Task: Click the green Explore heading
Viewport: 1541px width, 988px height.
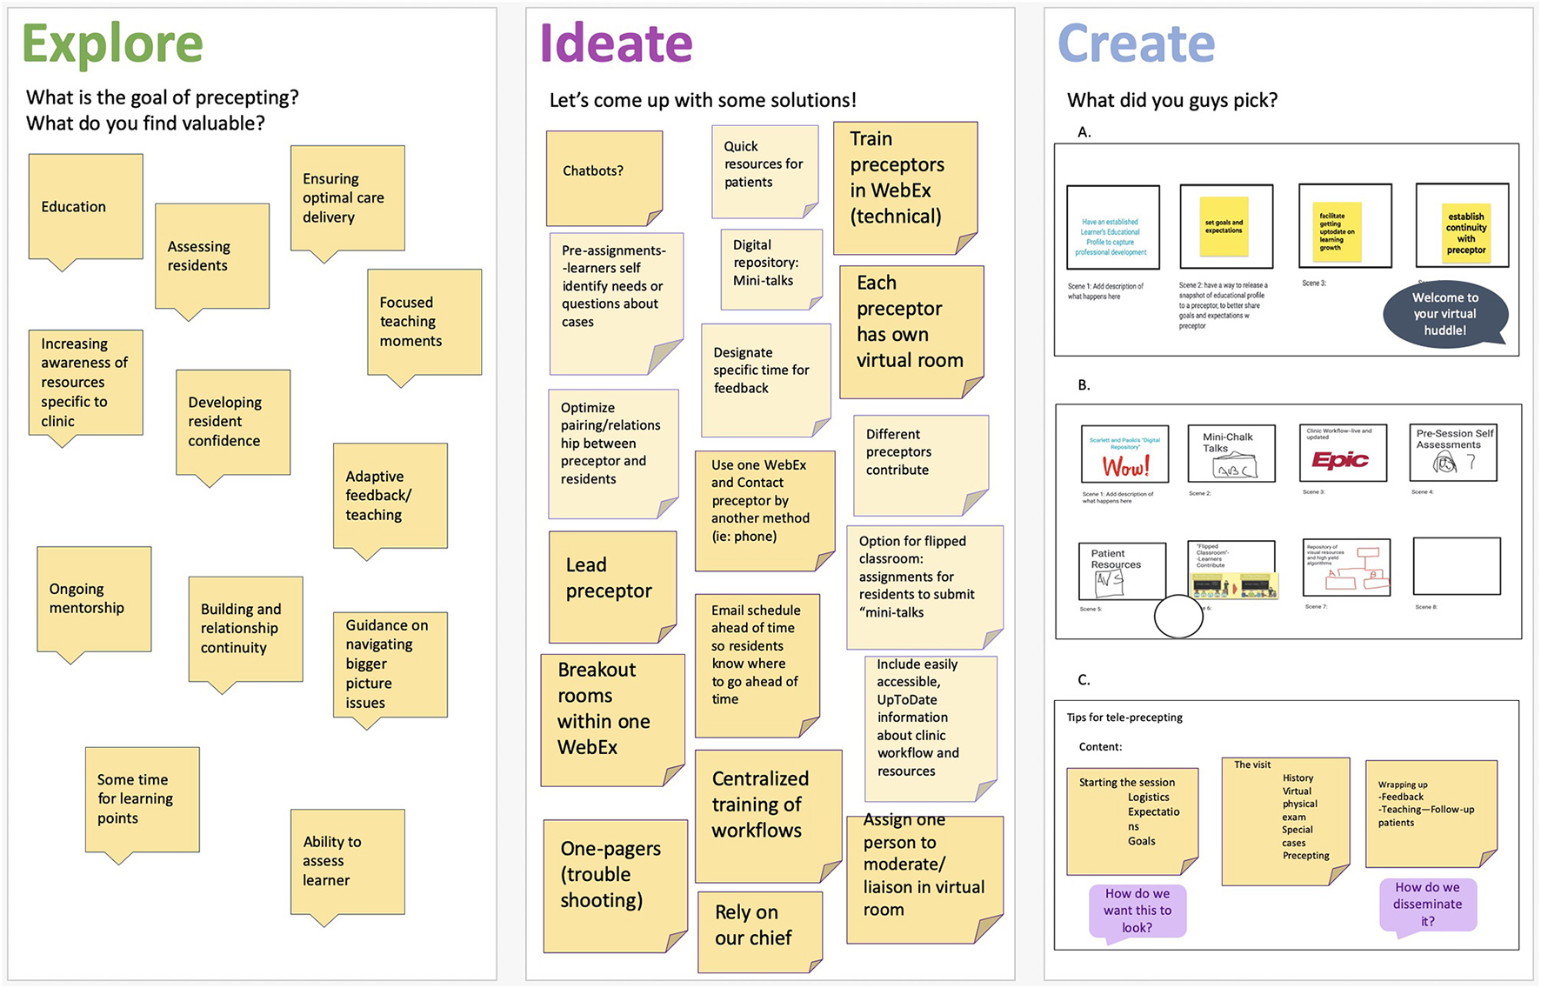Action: (112, 44)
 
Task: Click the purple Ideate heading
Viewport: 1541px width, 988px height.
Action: (616, 44)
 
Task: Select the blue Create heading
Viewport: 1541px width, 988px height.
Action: (1136, 44)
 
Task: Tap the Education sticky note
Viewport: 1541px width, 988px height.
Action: (85, 206)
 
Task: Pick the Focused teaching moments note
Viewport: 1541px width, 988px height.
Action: (424, 322)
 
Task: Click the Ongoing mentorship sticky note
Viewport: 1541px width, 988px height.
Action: (94, 598)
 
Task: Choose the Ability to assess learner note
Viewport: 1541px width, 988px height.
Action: (347, 861)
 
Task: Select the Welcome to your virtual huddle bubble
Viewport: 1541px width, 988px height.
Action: (1444, 314)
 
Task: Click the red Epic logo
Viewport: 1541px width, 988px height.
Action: (1339, 460)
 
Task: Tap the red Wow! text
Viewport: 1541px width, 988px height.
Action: (1125, 467)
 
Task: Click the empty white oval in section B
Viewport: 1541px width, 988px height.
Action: (1178, 616)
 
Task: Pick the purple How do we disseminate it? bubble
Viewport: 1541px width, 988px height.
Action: (1427, 905)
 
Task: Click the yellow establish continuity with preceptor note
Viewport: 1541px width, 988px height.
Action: (1465, 233)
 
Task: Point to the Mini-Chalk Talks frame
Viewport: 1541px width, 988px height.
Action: (1231, 453)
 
